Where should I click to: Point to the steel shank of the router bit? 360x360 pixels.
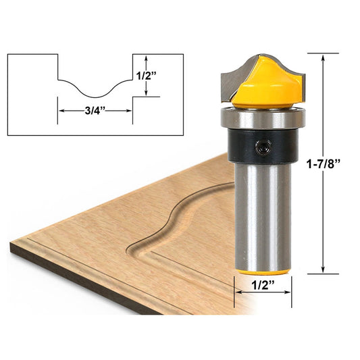(263, 209)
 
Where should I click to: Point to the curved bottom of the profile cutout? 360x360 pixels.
(95, 95)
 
